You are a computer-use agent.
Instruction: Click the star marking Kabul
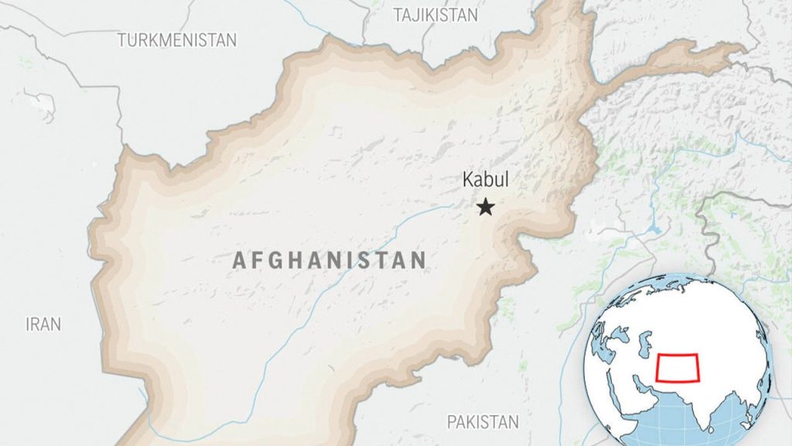tap(486, 207)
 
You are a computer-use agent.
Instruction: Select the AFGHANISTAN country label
tap(329, 260)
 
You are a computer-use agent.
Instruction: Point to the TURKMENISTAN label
tap(177, 40)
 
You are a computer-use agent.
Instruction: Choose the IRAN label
tap(43, 324)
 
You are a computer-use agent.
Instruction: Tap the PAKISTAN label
tap(483, 422)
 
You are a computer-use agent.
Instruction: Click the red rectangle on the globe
tap(678, 367)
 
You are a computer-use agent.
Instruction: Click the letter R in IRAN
tap(38, 324)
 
